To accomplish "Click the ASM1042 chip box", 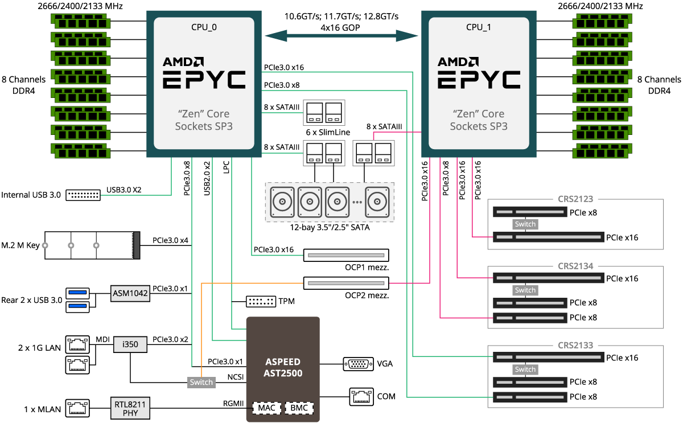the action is (x=130, y=293).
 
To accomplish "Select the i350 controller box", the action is (x=130, y=344).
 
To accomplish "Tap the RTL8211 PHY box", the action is (x=130, y=408).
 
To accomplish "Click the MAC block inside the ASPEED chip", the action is (x=267, y=408).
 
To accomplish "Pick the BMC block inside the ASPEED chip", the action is (x=299, y=408).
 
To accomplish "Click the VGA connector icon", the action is (x=358, y=364).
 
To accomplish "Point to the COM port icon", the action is (x=361, y=397).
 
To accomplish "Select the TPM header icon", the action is (x=261, y=302).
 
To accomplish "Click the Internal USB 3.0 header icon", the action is (x=83, y=195).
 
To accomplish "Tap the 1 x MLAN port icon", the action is (x=77, y=408).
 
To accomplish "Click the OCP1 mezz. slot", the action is (x=346, y=255).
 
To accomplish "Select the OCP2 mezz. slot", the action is (x=346, y=283).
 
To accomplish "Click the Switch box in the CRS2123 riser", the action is (x=525, y=224).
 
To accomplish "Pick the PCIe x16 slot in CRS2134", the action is (x=548, y=278).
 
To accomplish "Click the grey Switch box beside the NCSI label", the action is (x=201, y=382).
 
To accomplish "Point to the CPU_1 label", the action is (x=479, y=27).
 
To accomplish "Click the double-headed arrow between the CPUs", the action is (x=341, y=36).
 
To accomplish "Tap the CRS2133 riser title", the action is (x=575, y=345).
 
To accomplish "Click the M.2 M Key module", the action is (x=92, y=245).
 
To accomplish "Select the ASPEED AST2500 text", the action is (x=283, y=368).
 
